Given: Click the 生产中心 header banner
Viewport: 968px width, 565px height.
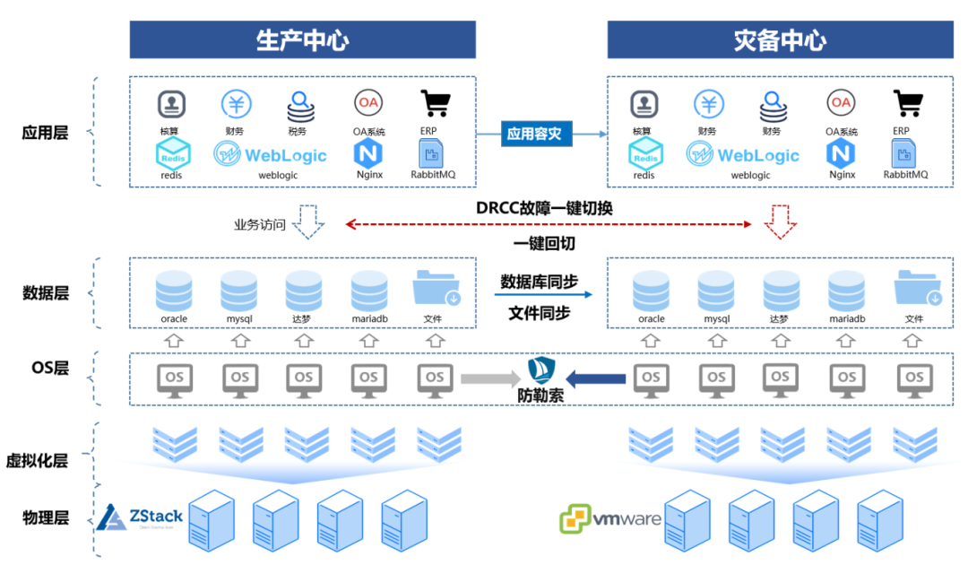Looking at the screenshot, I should tap(302, 40).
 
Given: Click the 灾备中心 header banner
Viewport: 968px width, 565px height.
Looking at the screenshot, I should tap(780, 40).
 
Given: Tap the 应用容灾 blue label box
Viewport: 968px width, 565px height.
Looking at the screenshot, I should tap(533, 135).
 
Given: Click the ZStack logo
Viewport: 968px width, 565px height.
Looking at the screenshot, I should tap(140, 517).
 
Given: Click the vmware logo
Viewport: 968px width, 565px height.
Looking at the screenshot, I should tap(610, 518).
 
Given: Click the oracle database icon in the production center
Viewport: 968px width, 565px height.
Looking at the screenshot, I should tap(174, 290).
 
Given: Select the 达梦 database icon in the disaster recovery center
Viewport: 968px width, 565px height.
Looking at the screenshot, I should tap(782, 290).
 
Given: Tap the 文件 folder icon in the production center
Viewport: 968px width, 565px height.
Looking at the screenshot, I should tap(436, 288).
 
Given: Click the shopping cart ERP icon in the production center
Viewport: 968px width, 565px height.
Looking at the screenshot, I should tap(436, 104).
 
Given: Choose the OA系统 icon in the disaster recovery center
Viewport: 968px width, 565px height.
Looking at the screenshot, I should tap(841, 103).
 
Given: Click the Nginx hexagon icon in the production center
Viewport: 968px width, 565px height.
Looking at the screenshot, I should tap(368, 152).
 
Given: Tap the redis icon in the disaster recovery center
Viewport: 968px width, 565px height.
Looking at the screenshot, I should tap(644, 155).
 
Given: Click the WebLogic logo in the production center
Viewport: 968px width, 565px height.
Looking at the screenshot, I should tap(270, 154).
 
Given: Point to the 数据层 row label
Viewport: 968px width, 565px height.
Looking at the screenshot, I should tap(46, 292).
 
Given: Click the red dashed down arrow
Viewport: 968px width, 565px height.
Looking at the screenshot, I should tap(784, 222).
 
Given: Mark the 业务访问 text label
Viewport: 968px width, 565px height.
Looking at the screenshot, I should tap(260, 225).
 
